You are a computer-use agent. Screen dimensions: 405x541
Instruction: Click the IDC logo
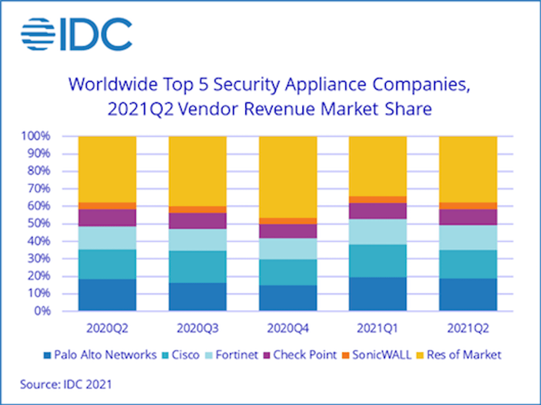(x=76, y=34)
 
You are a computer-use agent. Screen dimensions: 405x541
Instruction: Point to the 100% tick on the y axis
(x=35, y=136)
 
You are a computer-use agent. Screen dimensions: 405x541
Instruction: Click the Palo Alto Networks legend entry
(x=101, y=355)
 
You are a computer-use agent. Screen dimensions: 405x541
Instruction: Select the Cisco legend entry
(x=180, y=355)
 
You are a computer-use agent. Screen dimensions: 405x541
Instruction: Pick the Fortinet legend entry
(x=232, y=355)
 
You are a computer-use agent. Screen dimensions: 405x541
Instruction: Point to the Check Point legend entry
(x=299, y=355)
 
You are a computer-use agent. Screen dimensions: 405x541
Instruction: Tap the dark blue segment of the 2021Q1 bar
(x=378, y=294)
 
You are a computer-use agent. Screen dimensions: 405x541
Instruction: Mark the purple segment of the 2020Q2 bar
(x=107, y=217)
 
